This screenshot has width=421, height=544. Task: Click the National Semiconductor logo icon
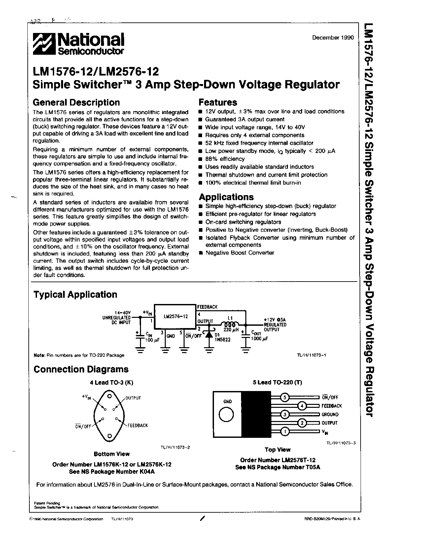[x=44, y=44]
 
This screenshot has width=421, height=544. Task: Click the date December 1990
[x=333, y=38]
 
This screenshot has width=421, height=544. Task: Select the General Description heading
[x=77, y=103]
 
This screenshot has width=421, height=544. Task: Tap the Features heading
[x=218, y=103]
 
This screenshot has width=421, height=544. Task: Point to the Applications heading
[x=226, y=197]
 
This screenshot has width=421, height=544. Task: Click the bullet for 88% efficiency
[x=200, y=159]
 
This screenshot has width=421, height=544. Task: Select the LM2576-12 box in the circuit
[x=176, y=317]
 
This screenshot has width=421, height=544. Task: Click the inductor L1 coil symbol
[x=230, y=325]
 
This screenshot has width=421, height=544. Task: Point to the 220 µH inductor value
[x=231, y=330]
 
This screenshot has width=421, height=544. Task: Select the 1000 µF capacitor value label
[x=260, y=339]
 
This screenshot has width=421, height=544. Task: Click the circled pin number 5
[x=285, y=397]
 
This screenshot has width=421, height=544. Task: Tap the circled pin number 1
[x=285, y=431]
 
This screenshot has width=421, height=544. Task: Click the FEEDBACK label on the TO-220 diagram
[x=332, y=406]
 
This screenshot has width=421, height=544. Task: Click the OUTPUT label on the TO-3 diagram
[x=133, y=398]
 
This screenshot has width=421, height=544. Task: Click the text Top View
[x=277, y=450]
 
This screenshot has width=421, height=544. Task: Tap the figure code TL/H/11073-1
[x=311, y=355]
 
